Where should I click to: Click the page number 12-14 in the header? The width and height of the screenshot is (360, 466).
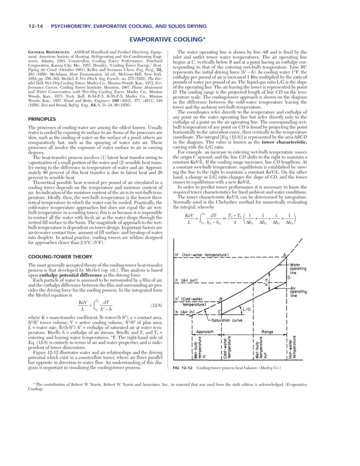[27, 25]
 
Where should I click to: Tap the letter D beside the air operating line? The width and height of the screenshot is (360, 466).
[289, 276]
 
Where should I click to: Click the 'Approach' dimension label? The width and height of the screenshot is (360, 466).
[204, 332]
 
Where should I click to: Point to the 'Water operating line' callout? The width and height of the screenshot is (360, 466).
[298, 268]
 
